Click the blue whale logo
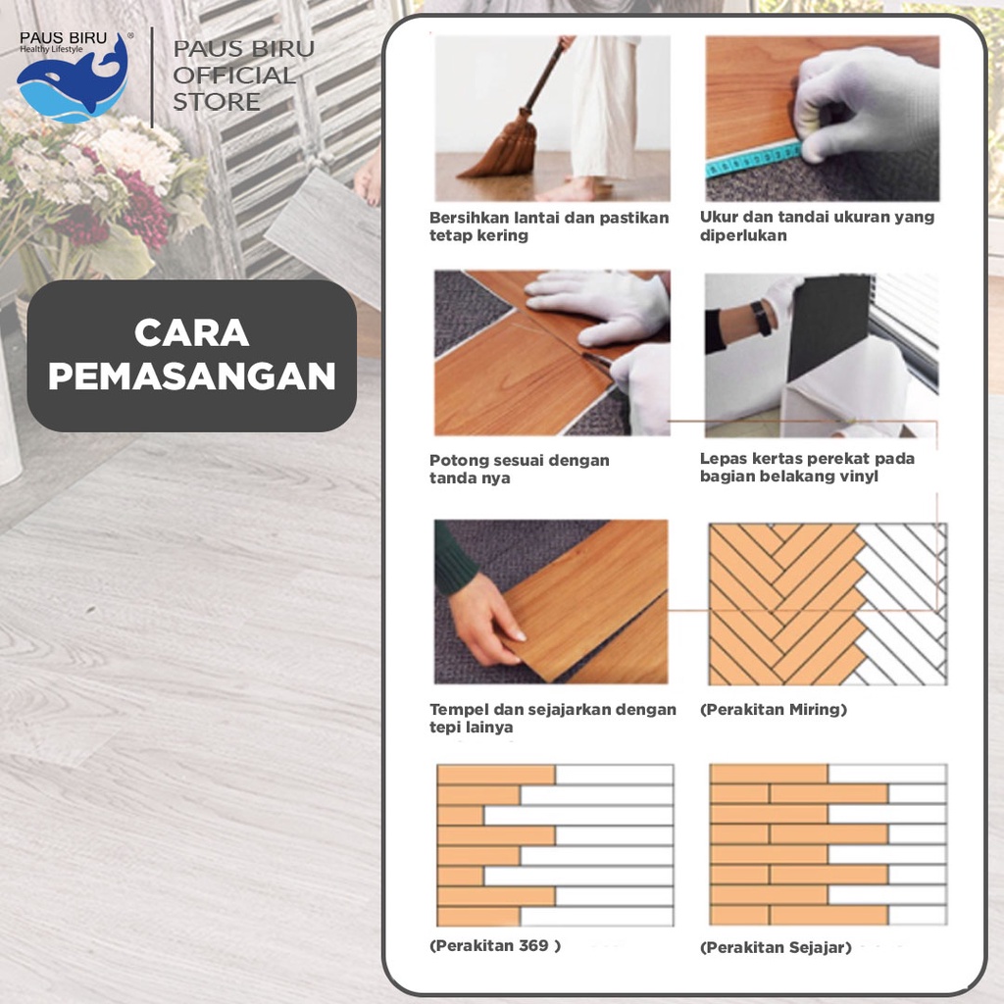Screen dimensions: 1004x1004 click(x=73, y=81)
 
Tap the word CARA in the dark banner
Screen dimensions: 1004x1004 click(x=191, y=333)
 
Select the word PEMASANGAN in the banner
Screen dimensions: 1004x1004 click(x=191, y=376)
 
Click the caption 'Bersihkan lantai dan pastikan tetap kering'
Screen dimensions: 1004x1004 click(x=549, y=226)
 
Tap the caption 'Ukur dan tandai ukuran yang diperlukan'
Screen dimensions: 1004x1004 click(x=817, y=226)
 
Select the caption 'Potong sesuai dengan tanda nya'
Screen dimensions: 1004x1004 click(x=520, y=469)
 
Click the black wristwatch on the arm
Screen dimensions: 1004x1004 click(x=761, y=319)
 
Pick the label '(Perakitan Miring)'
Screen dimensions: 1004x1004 click(x=774, y=710)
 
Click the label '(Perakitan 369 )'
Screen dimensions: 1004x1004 click(x=495, y=946)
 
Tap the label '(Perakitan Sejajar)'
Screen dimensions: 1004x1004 click(x=776, y=948)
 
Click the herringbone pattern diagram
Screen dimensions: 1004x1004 click(x=828, y=604)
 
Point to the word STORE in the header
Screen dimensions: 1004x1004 click(x=217, y=102)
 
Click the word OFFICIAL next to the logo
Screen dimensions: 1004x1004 click(x=234, y=75)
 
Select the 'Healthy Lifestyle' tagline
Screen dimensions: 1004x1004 click(x=51, y=49)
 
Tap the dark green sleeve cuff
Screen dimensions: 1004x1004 click(x=457, y=560)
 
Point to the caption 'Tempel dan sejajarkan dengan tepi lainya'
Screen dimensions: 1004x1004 click(x=553, y=719)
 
